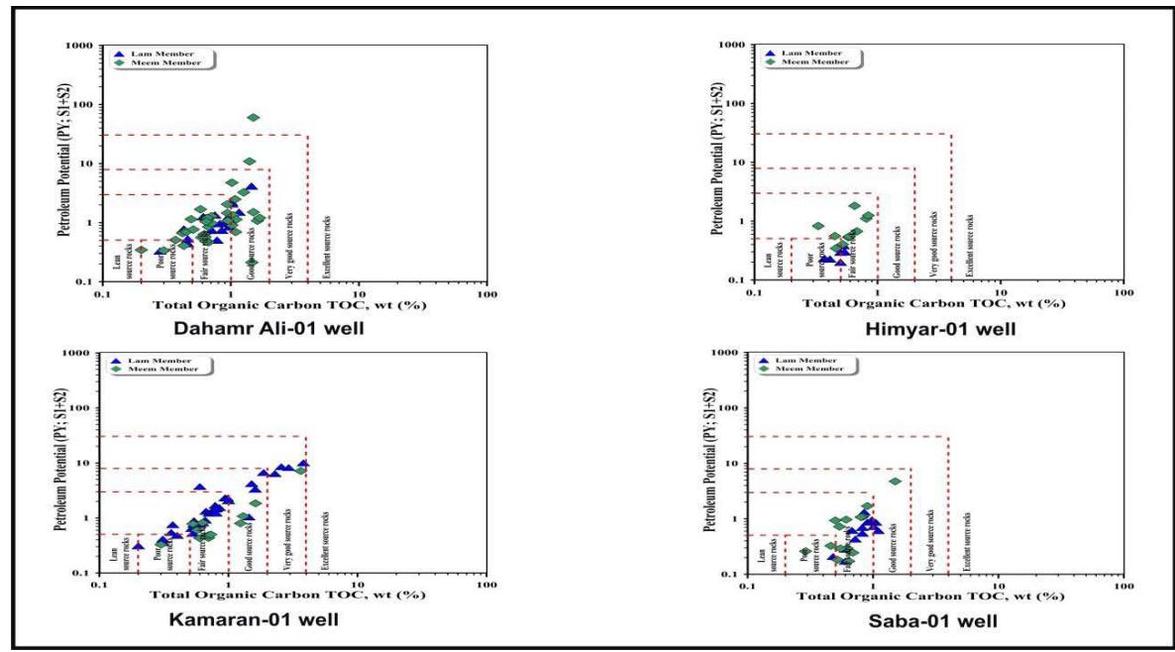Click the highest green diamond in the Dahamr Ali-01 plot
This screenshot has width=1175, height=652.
click(254, 118)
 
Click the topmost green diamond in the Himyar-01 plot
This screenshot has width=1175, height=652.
click(854, 206)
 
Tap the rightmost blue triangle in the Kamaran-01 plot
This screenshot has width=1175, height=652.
click(303, 464)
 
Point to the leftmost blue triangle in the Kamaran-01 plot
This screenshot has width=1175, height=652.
click(138, 545)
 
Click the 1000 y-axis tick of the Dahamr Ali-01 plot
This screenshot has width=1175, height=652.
click(80, 46)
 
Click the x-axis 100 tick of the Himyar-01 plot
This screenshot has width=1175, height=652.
click(1122, 291)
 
